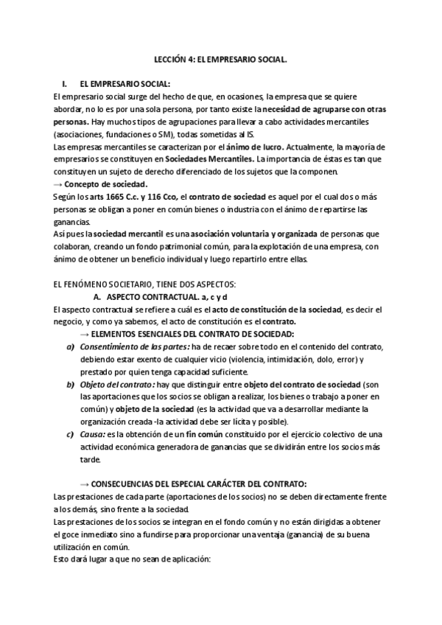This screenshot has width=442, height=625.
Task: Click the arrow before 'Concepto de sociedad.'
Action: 58,184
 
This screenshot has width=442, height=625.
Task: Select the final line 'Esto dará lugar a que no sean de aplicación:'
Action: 132,559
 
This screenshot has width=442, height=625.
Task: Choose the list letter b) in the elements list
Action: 70,384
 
